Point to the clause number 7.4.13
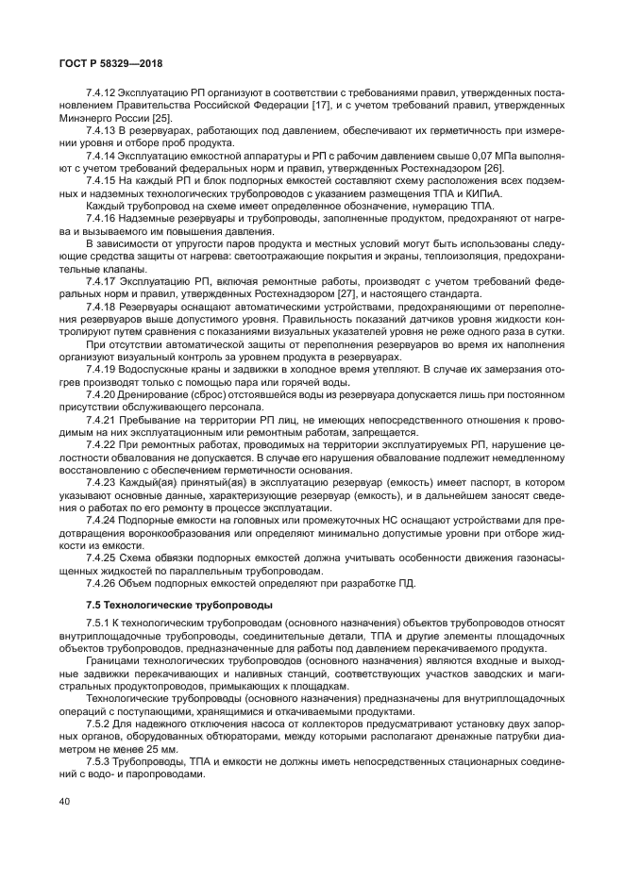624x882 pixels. [x=101, y=129]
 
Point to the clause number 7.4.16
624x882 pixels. [x=101, y=220]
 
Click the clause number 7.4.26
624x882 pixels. [x=101, y=582]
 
